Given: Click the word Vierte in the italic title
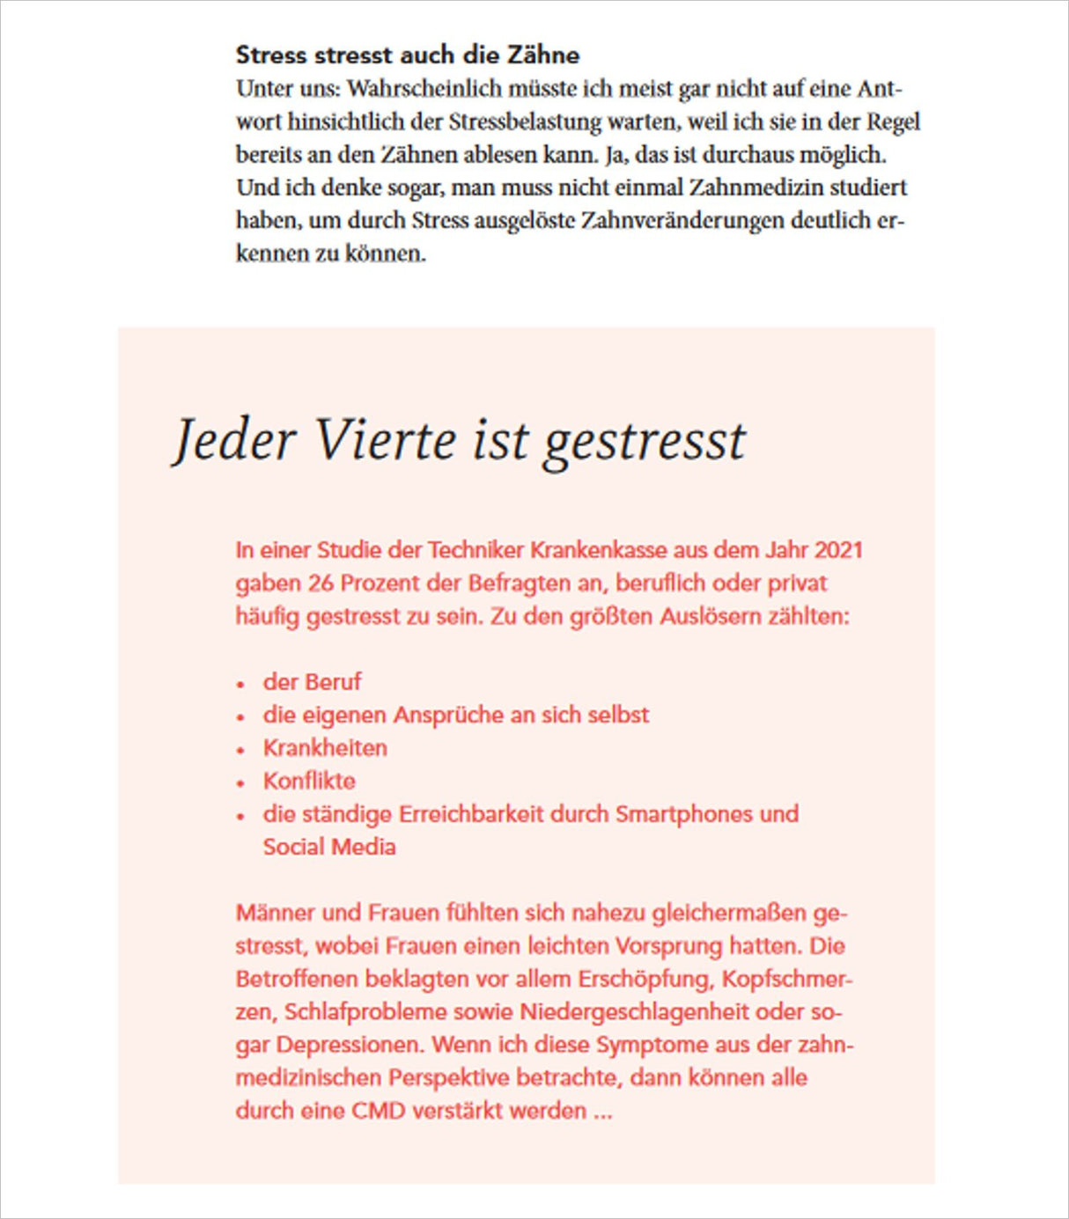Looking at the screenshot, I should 386,440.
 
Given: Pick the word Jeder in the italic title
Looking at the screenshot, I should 233,440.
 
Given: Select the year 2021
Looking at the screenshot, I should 837,550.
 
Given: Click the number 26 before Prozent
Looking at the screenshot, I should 320,584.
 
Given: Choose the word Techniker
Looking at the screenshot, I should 475,550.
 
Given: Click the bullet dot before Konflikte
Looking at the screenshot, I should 240,782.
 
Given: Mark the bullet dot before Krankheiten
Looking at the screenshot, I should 240,750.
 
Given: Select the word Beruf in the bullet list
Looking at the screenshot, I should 335,682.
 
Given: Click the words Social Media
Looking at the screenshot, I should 329,847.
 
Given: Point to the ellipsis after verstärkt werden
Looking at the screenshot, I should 602,1113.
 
